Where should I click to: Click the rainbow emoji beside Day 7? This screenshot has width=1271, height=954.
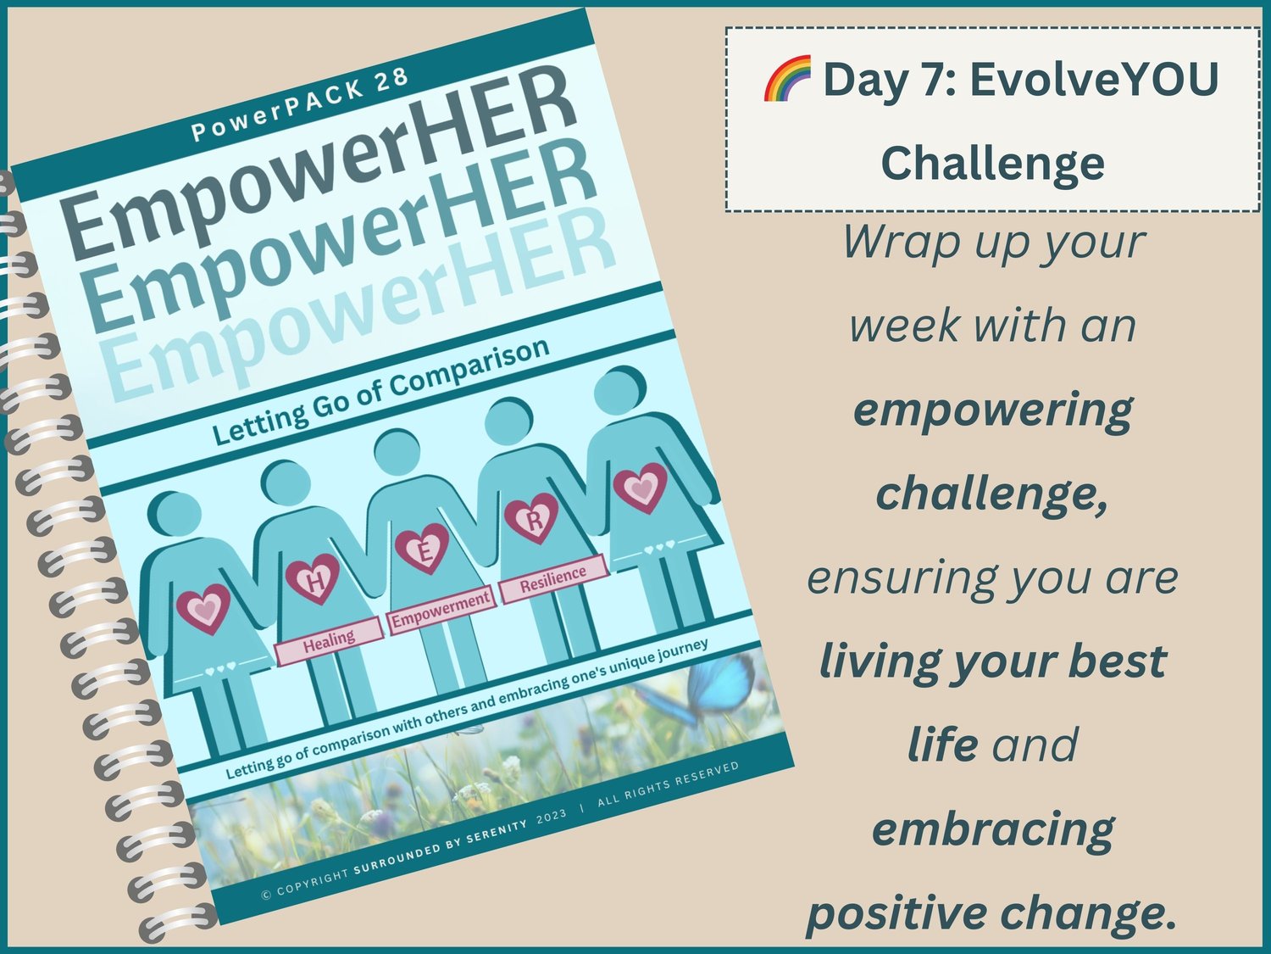(x=787, y=78)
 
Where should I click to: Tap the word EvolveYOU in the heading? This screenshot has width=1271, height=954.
(x=1095, y=79)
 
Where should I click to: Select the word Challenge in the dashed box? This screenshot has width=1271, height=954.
(x=992, y=164)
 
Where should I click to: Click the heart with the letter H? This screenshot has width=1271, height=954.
(x=314, y=578)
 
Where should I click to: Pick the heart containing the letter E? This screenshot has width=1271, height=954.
(x=422, y=548)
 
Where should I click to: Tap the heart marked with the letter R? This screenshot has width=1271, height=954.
(x=531, y=518)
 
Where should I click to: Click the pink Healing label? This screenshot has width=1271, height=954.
(x=329, y=641)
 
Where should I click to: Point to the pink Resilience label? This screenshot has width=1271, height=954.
(x=553, y=579)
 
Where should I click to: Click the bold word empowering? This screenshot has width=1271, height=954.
(x=992, y=410)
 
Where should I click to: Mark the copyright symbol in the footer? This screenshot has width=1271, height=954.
(x=266, y=895)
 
